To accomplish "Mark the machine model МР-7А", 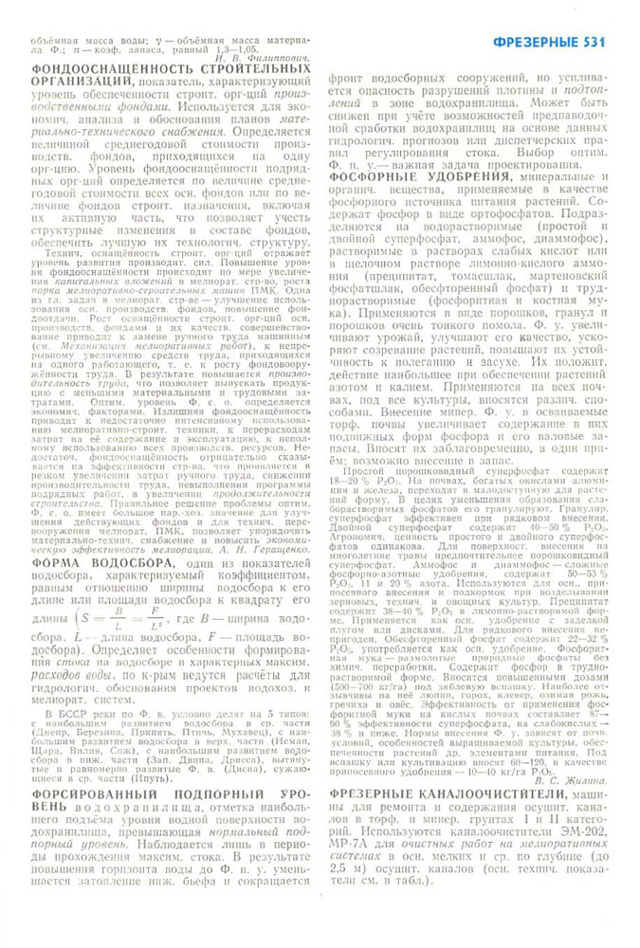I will pyautogui.click(x=349, y=838).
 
